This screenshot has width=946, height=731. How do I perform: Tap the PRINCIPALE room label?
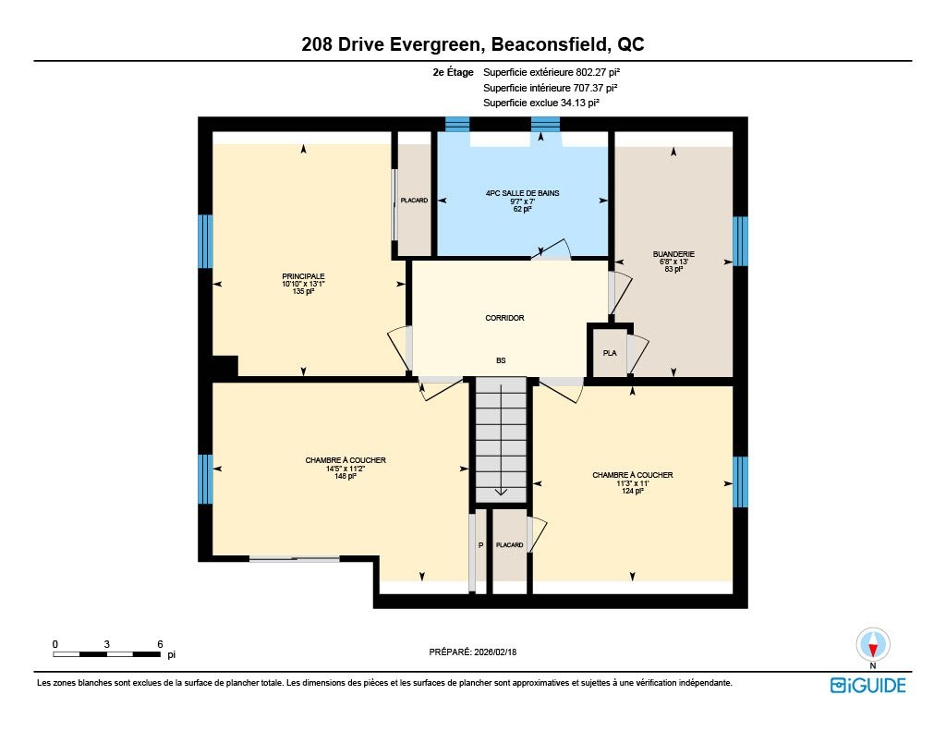303,276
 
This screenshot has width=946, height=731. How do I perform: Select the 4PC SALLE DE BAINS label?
523,193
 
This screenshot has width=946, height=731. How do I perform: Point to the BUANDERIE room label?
673,254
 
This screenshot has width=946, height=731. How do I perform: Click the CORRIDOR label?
504,318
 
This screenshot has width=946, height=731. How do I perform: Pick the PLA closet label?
610,353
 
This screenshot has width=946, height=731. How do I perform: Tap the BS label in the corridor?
501,360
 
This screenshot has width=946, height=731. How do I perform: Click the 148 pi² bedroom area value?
346,476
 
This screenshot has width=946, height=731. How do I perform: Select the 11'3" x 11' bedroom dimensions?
632,483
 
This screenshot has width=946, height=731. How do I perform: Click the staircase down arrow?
502,492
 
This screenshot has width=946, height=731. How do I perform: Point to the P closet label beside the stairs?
480,545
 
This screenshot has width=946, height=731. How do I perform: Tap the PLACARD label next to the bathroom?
414,201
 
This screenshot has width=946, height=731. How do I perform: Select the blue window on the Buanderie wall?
740,241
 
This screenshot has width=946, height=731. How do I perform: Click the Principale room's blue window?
206,241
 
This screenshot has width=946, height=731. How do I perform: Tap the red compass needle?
872,650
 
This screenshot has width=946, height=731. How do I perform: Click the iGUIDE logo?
868,685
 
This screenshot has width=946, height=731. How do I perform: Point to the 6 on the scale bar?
160,644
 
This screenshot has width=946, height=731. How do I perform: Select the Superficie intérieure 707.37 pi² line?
551,88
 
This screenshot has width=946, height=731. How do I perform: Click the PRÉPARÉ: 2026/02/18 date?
472,652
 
